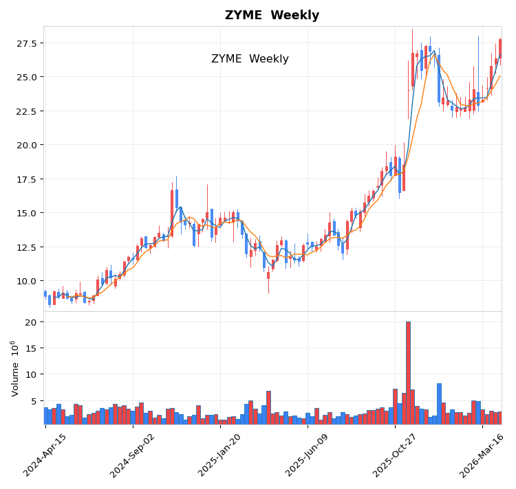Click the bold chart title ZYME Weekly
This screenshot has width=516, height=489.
(x=272, y=16)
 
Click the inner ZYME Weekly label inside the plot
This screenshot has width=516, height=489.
(x=250, y=59)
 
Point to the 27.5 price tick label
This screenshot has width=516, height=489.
(x=25, y=43)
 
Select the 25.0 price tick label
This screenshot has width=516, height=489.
(x=25, y=77)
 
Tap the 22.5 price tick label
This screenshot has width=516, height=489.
(x=25, y=111)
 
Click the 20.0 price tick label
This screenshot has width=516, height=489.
(x=25, y=145)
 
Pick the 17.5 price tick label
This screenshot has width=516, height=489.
(x=25, y=179)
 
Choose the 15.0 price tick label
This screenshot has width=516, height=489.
(x=25, y=213)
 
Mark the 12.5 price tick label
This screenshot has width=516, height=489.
(x=25, y=247)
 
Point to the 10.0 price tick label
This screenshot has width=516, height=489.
(x=25, y=281)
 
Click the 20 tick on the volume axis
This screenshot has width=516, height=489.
(x=30, y=322)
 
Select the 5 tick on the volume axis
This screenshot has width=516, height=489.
(x=33, y=400)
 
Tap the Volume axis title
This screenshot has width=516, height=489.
(x=14, y=368)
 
